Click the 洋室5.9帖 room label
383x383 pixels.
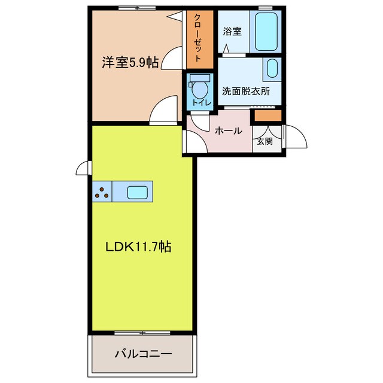click(x=130, y=62)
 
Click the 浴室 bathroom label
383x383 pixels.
click(x=232, y=31)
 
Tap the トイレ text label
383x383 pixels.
click(x=199, y=103)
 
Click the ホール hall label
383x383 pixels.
click(x=228, y=130)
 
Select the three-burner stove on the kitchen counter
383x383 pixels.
click(x=102, y=193)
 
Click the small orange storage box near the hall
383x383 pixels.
click(x=268, y=115)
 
